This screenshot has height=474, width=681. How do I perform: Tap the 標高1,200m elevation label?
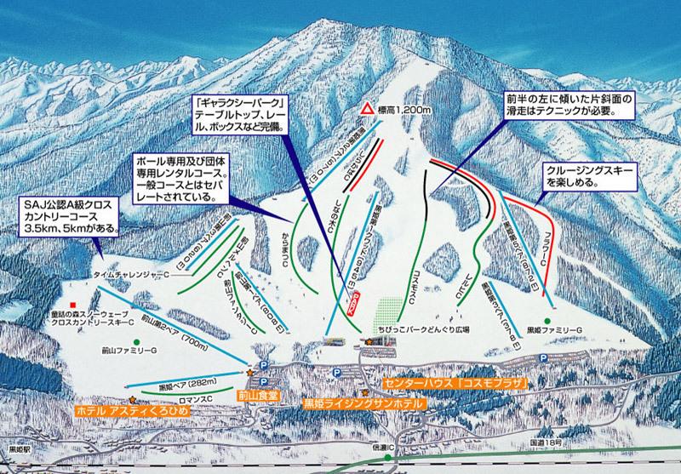click(x=404, y=109)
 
